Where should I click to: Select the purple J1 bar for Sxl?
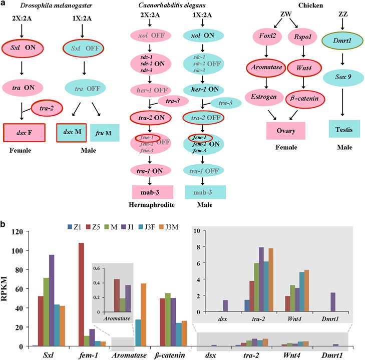coord(52,300)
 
